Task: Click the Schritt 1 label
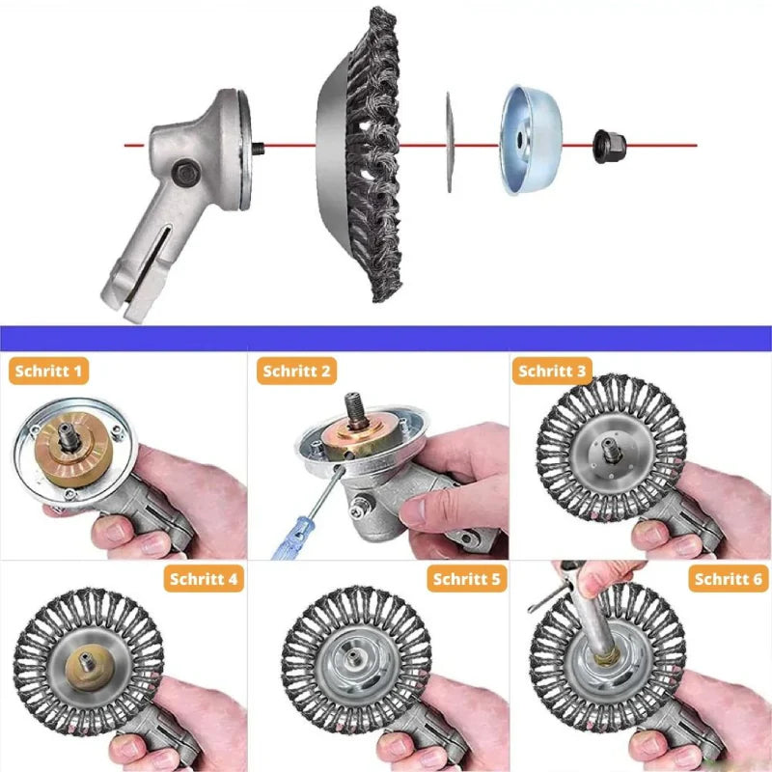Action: (49, 371)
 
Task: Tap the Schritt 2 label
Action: (296, 371)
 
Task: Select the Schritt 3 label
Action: (552, 371)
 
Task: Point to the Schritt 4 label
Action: (204, 578)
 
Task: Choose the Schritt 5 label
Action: (467, 578)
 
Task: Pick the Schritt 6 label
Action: (729, 578)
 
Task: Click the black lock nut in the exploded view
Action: (610, 147)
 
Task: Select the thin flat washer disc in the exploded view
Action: (449, 142)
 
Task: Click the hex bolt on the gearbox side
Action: (186, 173)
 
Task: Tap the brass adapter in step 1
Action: (73, 450)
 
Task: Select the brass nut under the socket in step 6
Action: (607, 656)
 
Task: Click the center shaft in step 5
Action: (353, 656)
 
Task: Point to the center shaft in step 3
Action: (611, 451)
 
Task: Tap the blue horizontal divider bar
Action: (386, 339)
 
